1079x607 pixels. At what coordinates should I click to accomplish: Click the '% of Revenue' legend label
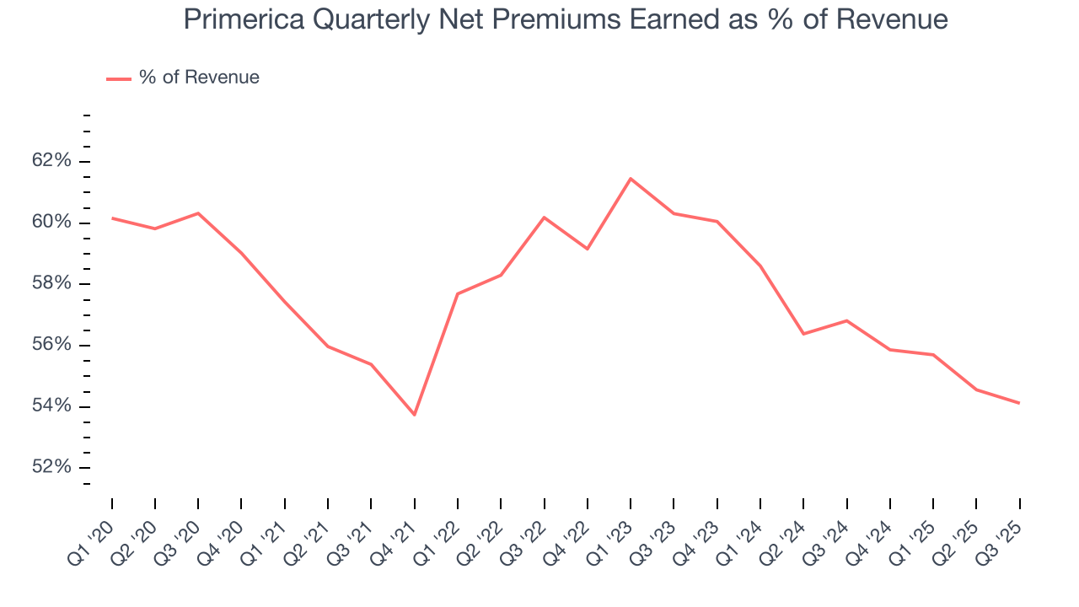[199, 78]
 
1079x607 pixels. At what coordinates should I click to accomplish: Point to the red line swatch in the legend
[118, 78]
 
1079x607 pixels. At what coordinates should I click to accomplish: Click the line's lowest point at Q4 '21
[414, 415]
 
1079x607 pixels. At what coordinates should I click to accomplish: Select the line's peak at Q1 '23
[631, 179]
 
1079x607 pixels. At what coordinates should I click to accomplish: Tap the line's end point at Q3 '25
[1019, 403]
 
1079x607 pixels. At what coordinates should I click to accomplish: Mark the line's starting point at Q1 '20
[112, 218]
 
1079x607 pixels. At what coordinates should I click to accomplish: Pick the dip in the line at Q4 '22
[587, 249]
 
